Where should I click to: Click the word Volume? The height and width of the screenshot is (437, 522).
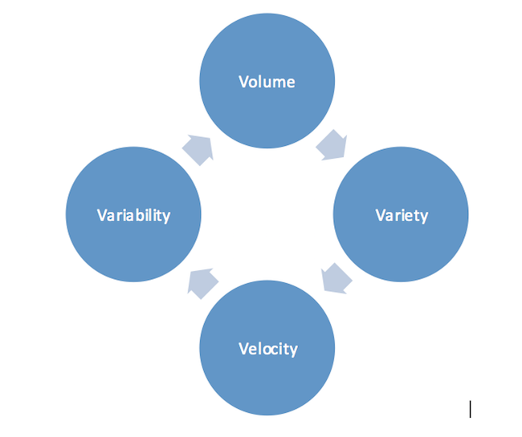(267, 83)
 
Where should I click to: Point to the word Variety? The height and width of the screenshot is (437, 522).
(402, 215)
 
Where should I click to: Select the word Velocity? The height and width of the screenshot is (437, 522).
(267, 348)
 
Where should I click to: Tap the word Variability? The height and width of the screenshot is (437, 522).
(133, 215)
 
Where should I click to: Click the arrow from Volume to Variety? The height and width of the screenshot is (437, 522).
(332, 144)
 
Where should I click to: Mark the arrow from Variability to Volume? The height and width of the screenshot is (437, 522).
(198, 149)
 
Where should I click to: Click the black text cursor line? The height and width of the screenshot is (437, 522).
(470, 409)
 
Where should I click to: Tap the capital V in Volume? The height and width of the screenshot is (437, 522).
(243, 83)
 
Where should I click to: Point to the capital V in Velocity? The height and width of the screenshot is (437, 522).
(243, 348)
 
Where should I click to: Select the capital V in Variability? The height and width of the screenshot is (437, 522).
(101, 215)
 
